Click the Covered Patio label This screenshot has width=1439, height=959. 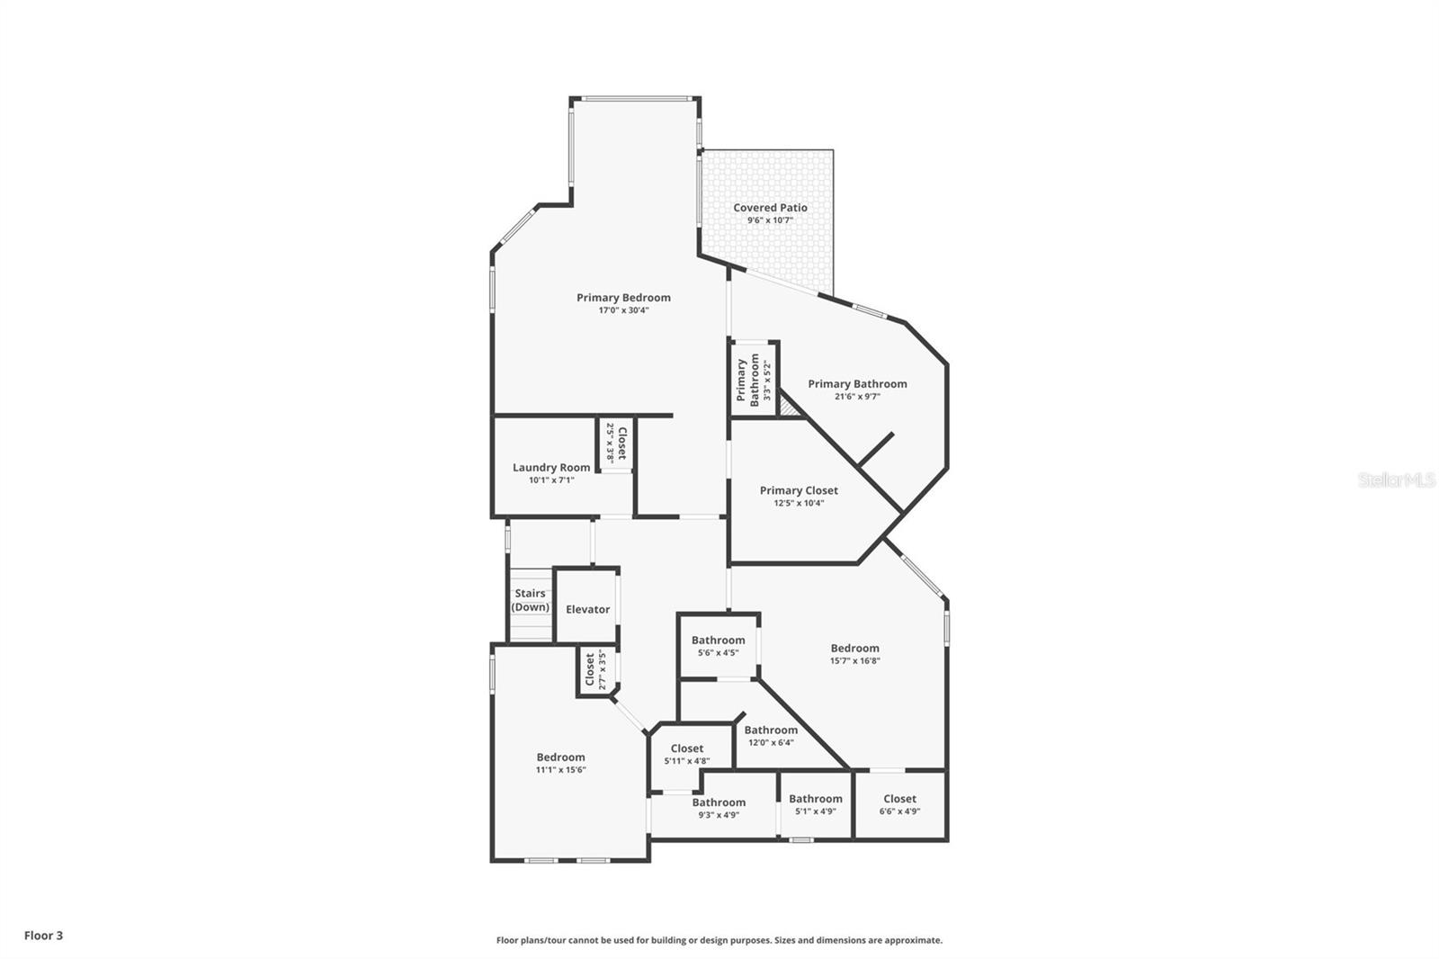click(x=770, y=208)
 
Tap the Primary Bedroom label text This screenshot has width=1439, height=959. click(x=623, y=298)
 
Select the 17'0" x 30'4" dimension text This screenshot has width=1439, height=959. click(x=623, y=310)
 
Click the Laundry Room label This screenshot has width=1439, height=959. click(x=551, y=468)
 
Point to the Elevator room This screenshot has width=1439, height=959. click(x=587, y=609)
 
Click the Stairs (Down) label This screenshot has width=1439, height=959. click(x=531, y=600)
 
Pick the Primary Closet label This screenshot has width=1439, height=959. click(x=799, y=490)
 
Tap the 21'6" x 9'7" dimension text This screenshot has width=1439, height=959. click(x=857, y=397)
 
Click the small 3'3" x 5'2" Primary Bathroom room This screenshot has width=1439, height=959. click(x=754, y=380)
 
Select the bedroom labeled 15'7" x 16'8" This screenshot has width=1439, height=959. click(x=854, y=653)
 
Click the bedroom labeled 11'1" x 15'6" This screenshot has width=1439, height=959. click(x=561, y=763)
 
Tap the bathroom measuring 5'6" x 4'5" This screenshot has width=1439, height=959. click(x=718, y=646)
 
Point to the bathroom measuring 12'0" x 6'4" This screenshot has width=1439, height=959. click(x=771, y=736)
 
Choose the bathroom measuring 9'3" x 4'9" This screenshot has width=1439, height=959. click(x=719, y=808)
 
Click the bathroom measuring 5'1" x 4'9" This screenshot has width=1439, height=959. click(x=816, y=804)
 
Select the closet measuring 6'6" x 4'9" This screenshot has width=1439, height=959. click(x=899, y=804)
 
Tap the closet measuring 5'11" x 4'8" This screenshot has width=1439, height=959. click(x=687, y=754)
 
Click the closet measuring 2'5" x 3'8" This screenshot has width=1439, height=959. click(x=616, y=443)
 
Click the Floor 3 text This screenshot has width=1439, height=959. click(x=43, y=936)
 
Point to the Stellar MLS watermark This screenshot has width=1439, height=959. click(x=1397, y=480)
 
